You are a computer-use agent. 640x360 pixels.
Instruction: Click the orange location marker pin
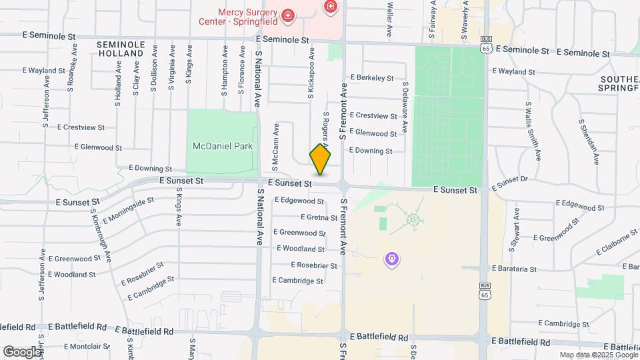[x=320, y=159]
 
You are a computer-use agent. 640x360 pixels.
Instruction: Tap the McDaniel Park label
[x=223, y=146]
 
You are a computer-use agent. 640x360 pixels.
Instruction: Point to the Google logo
[x=22, y=351]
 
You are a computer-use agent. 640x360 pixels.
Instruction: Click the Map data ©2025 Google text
[x=599, y=355]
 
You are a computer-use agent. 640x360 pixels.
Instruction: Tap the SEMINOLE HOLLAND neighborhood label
[x=120, y=49]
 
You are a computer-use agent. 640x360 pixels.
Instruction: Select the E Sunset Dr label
[x=509, y=183]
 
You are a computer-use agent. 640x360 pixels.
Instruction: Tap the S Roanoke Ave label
[x=71, y=71]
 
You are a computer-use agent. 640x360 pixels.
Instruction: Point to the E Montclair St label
[x=89, y=346]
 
